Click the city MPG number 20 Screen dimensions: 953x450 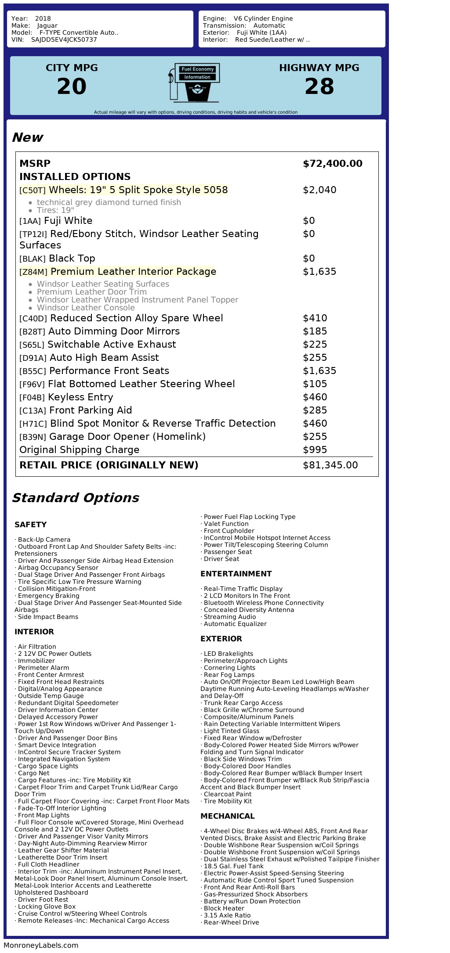[72, 86]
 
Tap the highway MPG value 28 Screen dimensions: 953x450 [319, 86]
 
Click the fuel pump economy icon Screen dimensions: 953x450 [194, 83]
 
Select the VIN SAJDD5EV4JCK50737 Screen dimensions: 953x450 [64, 40]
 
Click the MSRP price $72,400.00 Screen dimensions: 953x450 [332, 164]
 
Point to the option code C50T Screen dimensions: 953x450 [33, 191]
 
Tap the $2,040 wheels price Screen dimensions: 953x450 [319, 190]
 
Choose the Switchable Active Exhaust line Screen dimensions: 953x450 [112, 345]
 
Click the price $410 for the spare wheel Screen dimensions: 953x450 [315, 318]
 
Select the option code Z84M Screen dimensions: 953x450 [33, 272]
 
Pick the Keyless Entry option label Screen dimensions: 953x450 [80, 397]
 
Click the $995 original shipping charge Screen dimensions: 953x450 [315, 450]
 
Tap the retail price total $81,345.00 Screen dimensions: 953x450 [330, 465]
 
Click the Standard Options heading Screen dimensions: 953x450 [75, 498]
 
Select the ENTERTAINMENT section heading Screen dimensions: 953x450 [236, 574]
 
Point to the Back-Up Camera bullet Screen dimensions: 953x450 [44, 539]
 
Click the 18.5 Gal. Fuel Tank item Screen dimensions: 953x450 [233, 866]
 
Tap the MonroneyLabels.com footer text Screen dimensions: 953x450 [41, 946]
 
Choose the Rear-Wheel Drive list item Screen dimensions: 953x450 [231, 922]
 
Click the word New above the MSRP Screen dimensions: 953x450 [27, 137]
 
